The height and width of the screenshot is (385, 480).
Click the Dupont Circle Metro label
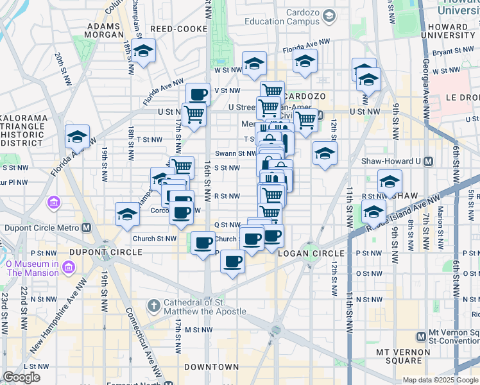coord(42,228)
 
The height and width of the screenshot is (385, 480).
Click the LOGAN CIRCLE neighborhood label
coord(302,252)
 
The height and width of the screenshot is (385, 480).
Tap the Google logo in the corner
coord(22,377)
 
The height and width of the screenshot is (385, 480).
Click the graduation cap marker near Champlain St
coord(143,51)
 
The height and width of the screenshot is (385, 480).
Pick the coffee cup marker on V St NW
coord(198,95)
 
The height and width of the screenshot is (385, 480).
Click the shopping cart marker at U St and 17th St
coord(194,115)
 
